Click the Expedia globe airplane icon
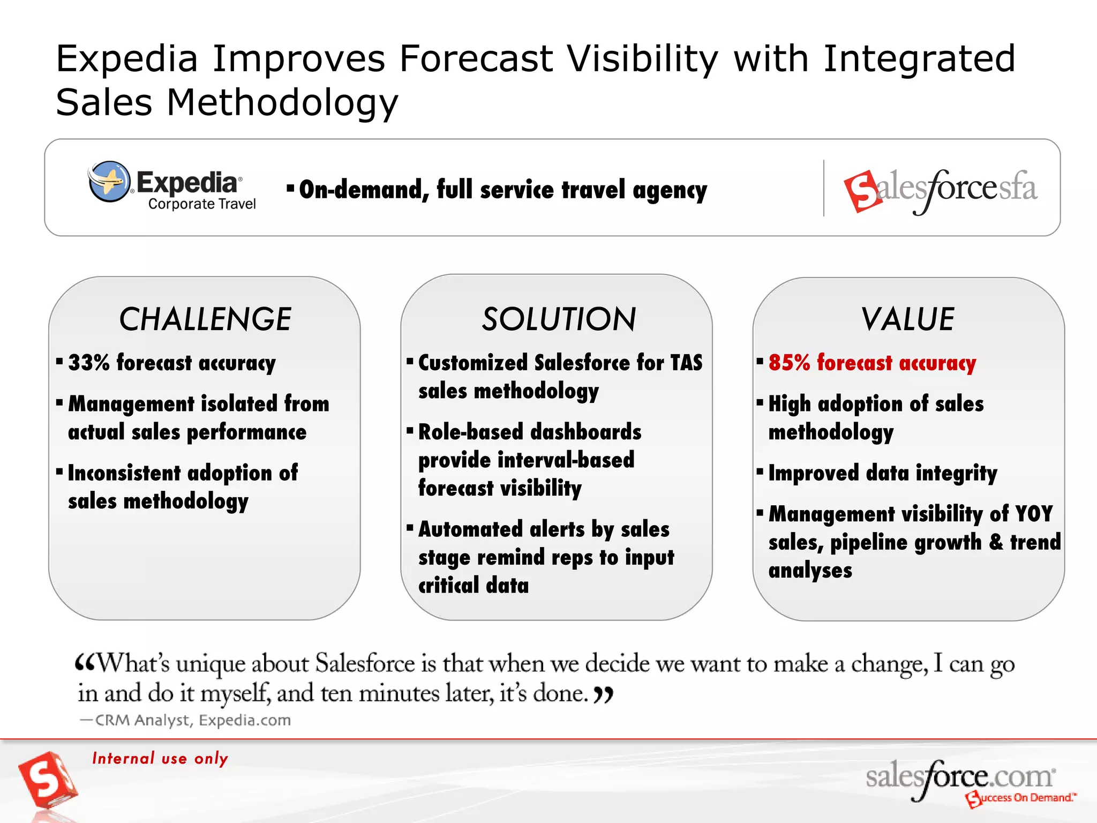click(x=109, y=181)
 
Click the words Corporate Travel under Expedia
click(x=202, y=204)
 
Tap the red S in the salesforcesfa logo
click(x=861, y=191)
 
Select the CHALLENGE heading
click(x=205, y=319)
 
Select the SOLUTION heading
click(x=559, y=319)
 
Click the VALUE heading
click(x=908, y=319)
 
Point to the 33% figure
click(x=89, y=363)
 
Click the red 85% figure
click(x=789, y=363)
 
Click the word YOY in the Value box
click(x=1033, y=514)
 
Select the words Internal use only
click(x=160, y=758)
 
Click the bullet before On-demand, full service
click(x=290, y=188)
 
